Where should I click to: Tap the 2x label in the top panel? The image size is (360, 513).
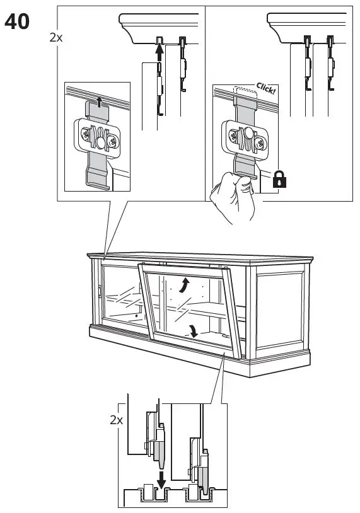(x=56, y=37)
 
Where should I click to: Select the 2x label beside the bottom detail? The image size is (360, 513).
(x=115, y=420)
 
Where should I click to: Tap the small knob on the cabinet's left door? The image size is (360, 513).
(x=99, y=292)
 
